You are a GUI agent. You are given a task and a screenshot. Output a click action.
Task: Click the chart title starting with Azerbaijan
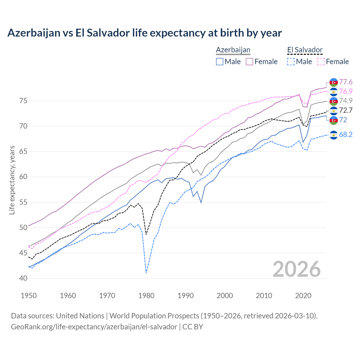pos(145,33)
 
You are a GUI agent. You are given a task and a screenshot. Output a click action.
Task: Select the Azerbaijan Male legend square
pos(220,62)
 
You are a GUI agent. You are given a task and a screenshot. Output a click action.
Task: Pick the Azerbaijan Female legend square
pos(249,62)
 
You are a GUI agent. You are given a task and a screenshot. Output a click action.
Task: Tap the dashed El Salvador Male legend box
pos(291,62)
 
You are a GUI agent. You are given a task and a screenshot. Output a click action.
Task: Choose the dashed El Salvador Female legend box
pos(321,62)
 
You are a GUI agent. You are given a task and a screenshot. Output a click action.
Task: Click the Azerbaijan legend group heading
pos(233,50)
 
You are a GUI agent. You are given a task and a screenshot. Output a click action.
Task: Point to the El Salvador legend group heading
pos(305,50)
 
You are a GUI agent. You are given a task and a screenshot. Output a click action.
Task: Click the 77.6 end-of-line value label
pos(346,82)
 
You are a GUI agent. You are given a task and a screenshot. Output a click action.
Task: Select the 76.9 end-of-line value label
pos(346,92)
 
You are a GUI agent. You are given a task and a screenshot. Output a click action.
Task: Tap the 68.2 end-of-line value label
pos(346,135)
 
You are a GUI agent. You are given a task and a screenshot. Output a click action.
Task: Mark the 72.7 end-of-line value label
pos(346,111)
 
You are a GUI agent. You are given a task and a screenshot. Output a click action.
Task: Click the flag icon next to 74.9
pos(334,101)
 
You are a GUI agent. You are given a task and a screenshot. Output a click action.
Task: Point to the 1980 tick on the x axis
pos(146,296)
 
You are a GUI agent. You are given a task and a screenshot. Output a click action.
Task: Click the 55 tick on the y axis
pos(23,202)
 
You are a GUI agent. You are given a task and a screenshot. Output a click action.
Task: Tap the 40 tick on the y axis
pos(23,278)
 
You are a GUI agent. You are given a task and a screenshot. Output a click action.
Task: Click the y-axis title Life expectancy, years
pos(12,180)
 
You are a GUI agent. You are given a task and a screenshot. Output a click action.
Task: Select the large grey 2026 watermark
pos(296,269)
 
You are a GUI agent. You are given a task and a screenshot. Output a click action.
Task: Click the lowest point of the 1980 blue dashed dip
pos(146,273)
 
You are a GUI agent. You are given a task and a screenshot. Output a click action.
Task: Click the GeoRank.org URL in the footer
pos(94,327)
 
